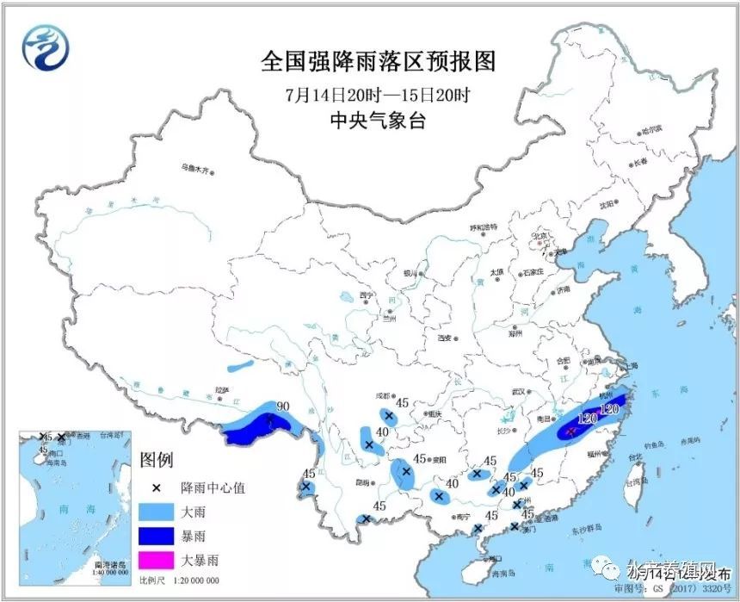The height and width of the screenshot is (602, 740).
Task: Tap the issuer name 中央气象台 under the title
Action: pyautogui.click(x=379, y=121)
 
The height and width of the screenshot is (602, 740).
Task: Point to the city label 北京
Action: pyautogui.click(x=540, y=235)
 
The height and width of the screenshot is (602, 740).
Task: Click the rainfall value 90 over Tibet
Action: pyautogui.click(x=281, y=406)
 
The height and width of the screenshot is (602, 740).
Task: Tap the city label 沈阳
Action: pyautogui.click(x=608, y=204)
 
